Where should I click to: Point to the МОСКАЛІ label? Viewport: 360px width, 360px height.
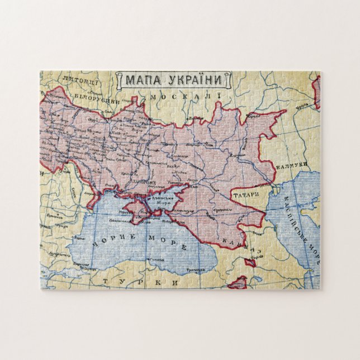[188, 97]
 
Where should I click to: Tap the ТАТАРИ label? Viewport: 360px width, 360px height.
[247, 195]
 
